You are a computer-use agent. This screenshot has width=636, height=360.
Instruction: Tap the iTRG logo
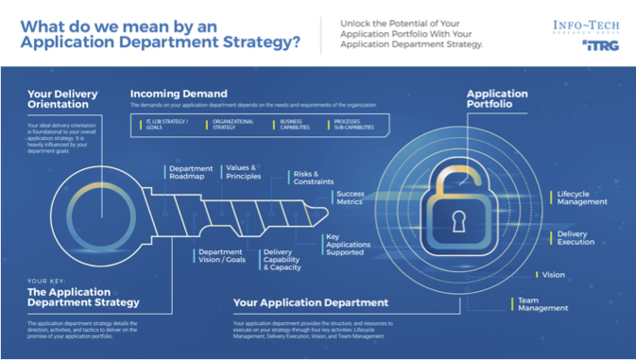(601, 45)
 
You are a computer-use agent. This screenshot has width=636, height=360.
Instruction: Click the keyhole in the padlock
(459, 223)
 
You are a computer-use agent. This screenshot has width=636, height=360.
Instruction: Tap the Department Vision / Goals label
(220, 256)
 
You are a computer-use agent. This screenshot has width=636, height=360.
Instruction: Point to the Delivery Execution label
(576, 237)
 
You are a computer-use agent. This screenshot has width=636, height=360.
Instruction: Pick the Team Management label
(542, 303)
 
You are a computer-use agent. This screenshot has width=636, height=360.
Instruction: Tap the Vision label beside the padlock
(554, 275)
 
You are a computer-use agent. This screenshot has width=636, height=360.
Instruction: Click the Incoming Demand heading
(179, 94)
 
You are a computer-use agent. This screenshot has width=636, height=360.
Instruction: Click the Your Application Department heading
(311, 303)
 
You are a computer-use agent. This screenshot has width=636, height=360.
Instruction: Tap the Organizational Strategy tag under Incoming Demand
(226, 125)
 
